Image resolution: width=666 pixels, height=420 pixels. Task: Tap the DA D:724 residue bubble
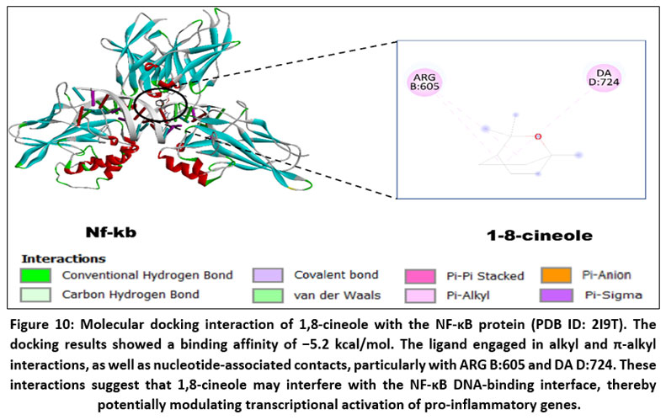(x=603, y=80)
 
